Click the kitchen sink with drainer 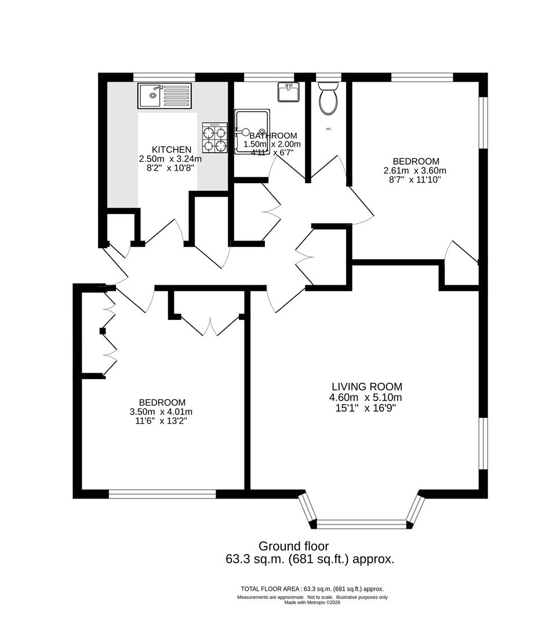click(164, 96)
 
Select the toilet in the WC click(329, 98)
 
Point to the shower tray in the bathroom click(252, 132)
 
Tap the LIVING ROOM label click(366, 387)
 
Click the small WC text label click(329, 129)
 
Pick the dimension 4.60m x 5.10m click(366, 398)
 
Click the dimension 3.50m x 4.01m click(162, 412)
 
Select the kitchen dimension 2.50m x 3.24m click(170, 159)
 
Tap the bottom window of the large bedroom click(162, 494)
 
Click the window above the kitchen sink click(164, 76)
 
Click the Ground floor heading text click(293, 546)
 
